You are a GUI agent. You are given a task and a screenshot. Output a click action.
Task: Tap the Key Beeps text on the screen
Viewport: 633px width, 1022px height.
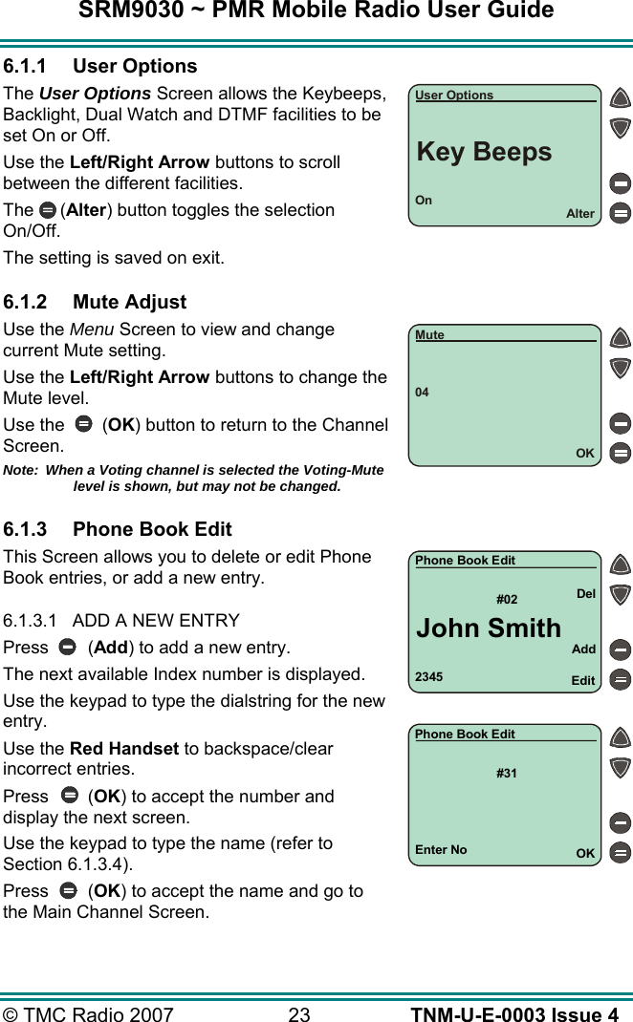[x=484, y=152]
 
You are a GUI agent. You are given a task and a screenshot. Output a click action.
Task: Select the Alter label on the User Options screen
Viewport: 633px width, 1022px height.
[x=579, y=214]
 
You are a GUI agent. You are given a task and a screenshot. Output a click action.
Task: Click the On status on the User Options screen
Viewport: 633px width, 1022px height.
[x=424, y=201]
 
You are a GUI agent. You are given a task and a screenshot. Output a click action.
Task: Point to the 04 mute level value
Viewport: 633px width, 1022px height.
[x=422, y=393]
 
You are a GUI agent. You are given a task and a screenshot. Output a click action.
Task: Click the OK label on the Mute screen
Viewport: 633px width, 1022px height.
[x=584, y=454]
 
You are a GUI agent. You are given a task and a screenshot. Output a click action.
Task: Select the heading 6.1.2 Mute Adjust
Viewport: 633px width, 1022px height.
[x=95, y=302]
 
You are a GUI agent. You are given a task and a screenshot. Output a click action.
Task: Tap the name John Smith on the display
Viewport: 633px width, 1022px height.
[x=489, y=628]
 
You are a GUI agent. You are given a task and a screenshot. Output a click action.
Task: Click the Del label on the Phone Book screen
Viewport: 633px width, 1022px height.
[x=585, y=594]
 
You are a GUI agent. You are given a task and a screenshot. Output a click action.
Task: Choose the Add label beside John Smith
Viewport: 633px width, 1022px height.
[x=583, y=649]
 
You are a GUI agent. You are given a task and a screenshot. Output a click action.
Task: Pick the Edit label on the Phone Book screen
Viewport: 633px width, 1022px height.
[x=582, y=681]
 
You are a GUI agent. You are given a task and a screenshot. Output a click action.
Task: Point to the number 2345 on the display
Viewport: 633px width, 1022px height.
[x=428, y=677]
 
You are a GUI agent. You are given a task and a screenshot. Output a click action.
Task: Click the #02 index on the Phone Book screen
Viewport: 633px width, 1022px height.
[x=507, y=600]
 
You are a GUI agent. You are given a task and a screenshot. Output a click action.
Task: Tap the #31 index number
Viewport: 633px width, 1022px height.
[x=507, y=773]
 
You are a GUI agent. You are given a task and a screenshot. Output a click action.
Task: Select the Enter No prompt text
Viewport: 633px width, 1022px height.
[x=441, y=850]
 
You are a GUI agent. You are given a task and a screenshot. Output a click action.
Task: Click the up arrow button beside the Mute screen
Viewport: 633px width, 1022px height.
[x=621, y=338]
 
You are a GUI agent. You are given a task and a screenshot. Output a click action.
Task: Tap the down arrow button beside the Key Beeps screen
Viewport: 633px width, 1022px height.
[x=621, y=127]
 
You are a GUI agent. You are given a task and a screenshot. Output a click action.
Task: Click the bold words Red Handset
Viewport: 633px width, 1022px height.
[x=124, y=748]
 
